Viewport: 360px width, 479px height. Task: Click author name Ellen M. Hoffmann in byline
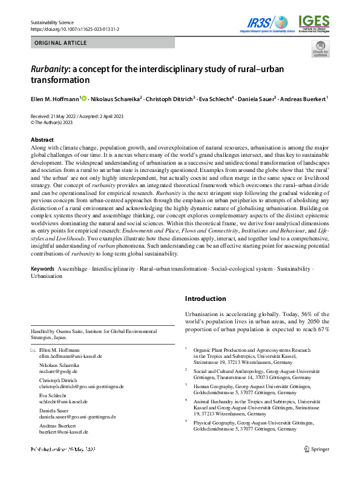pyautogui.click(x=55, y=99)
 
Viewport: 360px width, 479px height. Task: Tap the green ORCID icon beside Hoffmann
pyautogui.click(x=84, y=98)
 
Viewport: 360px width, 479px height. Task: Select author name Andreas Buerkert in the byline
pyautogui.click(x=304, y=99)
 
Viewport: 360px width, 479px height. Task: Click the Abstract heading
pyautogui.click(x=42, y=140)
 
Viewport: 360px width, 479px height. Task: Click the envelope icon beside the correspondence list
pyautogui.click(x=33, y=351)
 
